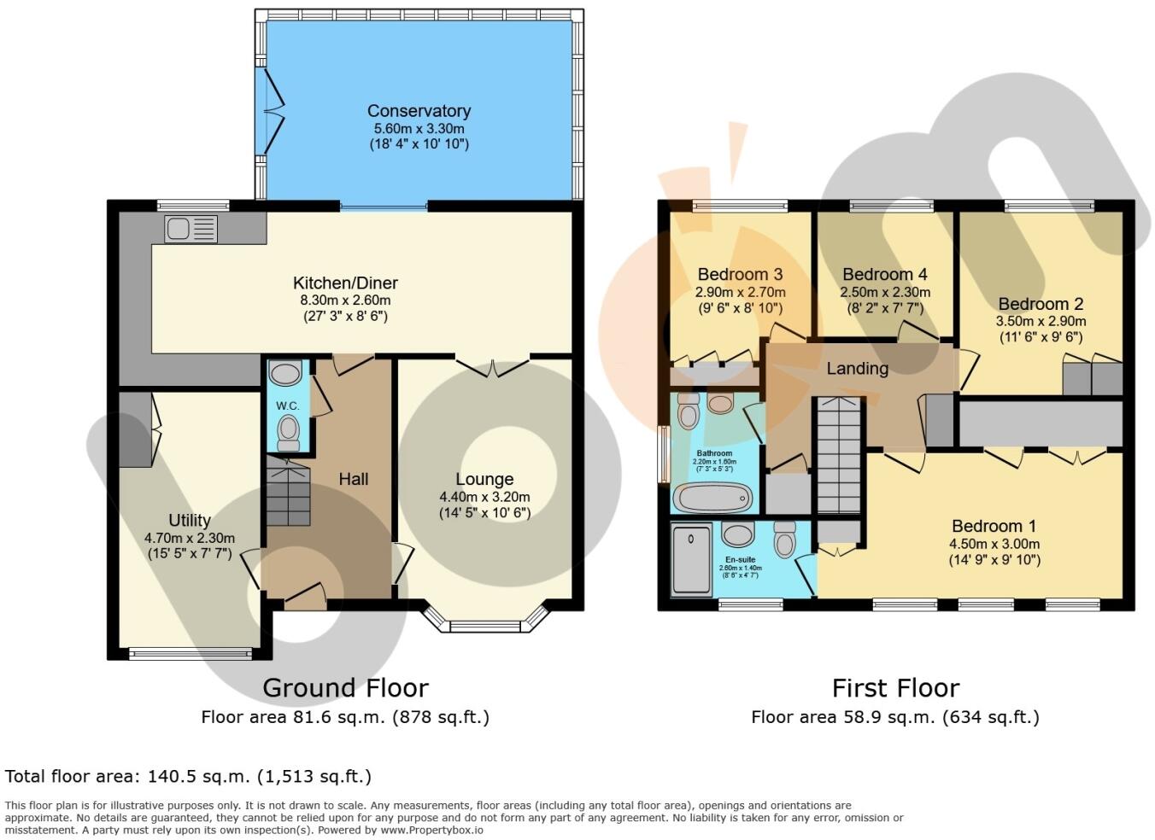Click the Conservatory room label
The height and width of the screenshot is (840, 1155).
point(419,111)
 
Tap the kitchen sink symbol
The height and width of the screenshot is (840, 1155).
point(191,230)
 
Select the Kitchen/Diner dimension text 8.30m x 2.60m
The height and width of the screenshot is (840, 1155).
point(345,300)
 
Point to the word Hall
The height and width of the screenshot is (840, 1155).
point(353,479)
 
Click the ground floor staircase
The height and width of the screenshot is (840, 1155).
point(288,493)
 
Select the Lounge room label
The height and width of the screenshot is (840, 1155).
point(484,479)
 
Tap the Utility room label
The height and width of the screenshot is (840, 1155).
point(190,521)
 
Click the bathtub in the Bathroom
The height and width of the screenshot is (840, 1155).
point(713,497)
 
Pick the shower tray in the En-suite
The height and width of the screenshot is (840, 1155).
point(692,560)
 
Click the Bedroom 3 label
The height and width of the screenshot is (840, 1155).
point(740,274)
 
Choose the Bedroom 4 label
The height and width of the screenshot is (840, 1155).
point(884,274)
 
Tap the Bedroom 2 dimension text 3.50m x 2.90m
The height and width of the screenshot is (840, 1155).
point(1041,322)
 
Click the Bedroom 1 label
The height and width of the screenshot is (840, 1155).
point(994,526)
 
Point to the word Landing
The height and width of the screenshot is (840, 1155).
point(857,369)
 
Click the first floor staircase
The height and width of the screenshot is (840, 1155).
point(839,457)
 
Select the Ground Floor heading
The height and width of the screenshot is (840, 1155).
point(345,688)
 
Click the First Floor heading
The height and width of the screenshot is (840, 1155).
point(895,688)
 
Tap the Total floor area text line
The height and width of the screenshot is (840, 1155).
point(188,777)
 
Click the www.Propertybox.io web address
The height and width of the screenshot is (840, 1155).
point(432,830)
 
